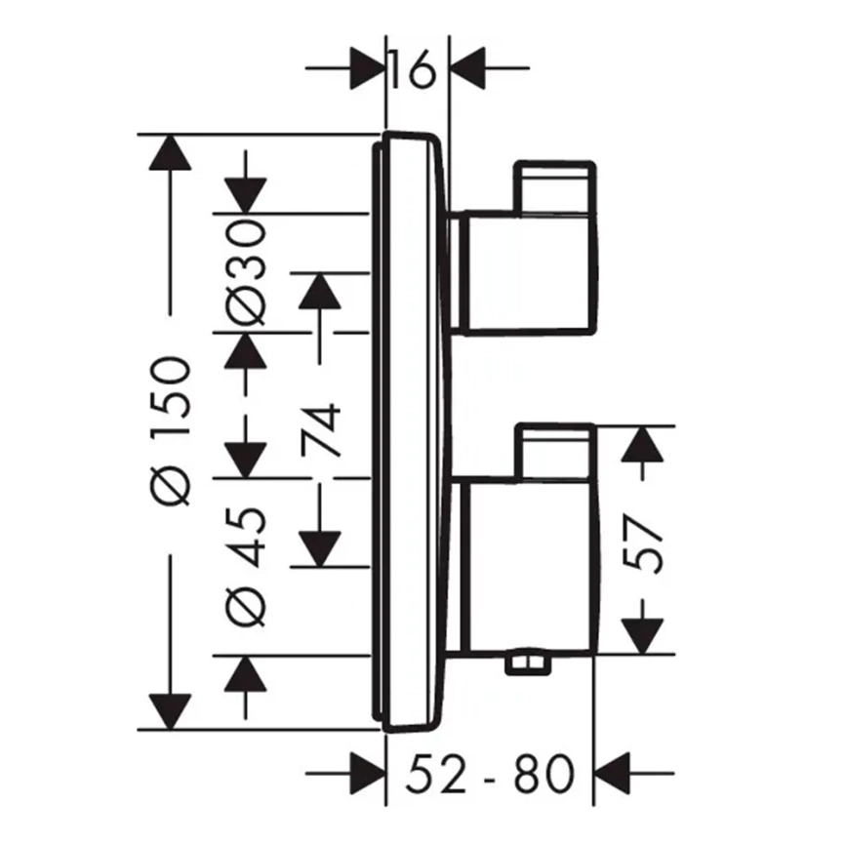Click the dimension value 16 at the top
point(411,69)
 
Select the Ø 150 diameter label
point(171,430)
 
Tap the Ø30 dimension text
point(246,272)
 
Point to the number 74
point(321,430)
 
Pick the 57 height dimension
point(642,544)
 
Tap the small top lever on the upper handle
point(555,187)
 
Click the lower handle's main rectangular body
point(532,566)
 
